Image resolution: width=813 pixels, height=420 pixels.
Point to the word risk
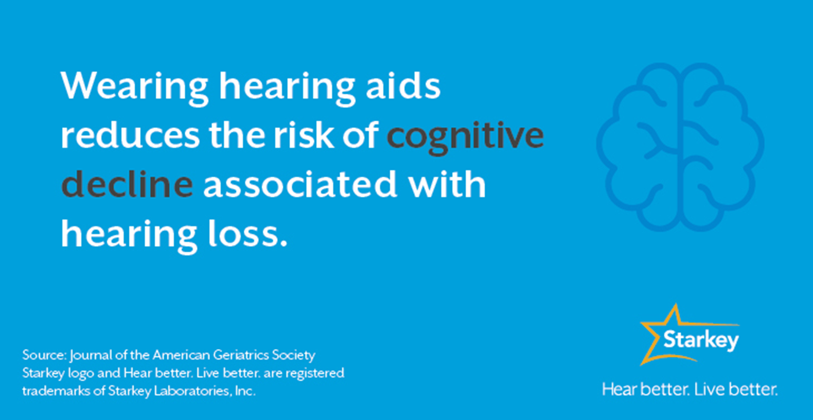304,135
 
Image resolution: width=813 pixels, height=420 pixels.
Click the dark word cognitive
465,135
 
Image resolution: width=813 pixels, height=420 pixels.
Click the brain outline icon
680,146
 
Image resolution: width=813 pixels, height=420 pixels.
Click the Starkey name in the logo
701,340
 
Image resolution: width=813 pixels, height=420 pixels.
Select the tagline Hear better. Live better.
690,389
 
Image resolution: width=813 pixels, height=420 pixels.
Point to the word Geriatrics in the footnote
240,355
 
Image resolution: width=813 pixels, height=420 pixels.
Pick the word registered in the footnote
314,373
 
